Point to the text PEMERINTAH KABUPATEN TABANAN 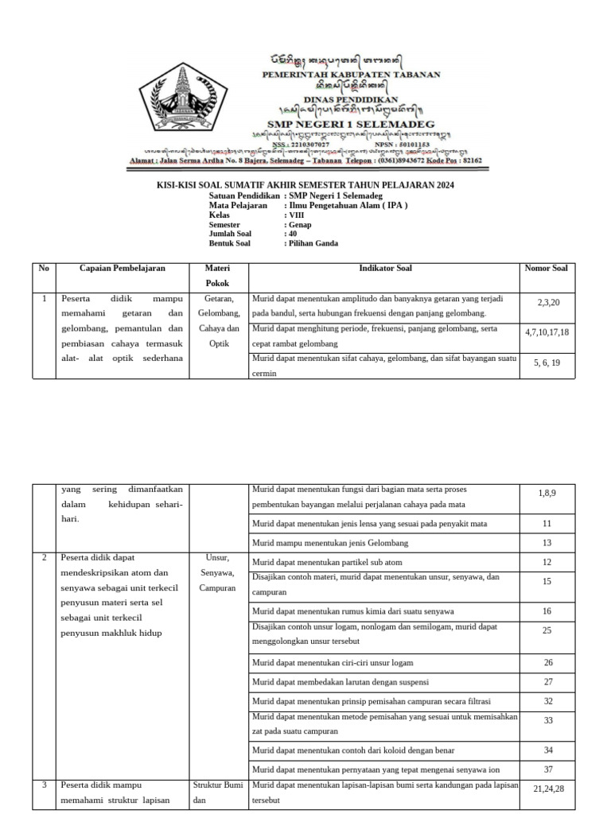point(352,75)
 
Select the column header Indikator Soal point(385,269)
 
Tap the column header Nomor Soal point(546,269)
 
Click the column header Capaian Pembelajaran point(123,269)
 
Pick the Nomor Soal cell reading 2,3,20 point(548,303)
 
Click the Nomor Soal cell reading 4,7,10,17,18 point(547,331)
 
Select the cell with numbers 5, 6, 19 point(547,362)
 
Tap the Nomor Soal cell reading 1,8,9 point(547,494)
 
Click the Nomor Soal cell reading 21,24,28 point(548,788)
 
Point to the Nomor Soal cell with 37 point(548,769)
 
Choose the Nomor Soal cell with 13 point(547,543)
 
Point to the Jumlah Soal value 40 point(293,235)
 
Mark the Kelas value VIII point(295,215)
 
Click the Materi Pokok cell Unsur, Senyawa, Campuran point(218,572)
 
